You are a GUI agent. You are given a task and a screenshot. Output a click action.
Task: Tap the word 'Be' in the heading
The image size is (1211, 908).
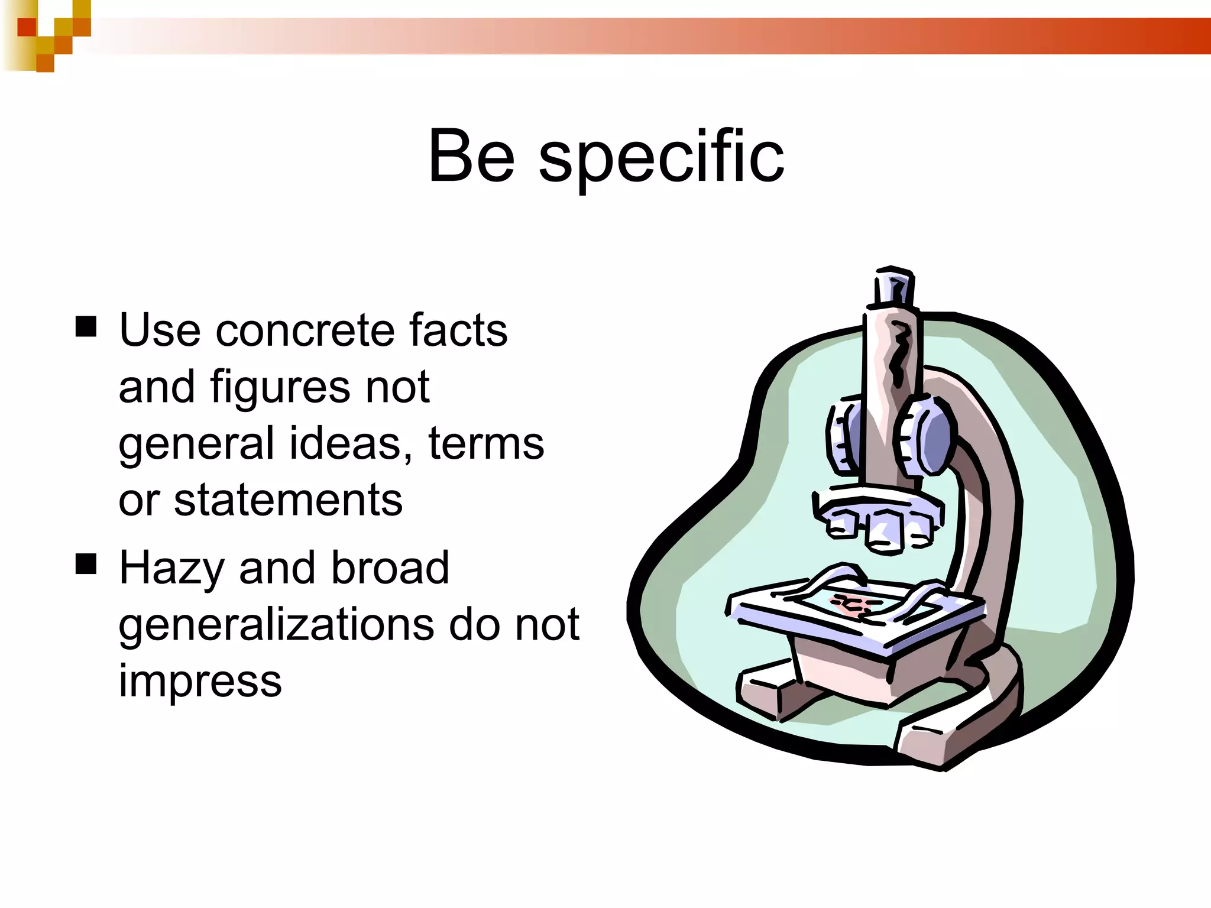click(x=471, y=157)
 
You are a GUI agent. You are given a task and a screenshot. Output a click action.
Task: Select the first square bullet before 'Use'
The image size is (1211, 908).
click(x=86, y=326)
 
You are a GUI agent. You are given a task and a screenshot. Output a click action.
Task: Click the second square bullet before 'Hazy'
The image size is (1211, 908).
click(x=86, y=564)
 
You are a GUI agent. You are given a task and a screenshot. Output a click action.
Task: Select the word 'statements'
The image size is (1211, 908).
click(x=288, y=500)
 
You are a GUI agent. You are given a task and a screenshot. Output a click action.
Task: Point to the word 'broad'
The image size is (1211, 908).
click(x=390, y=567)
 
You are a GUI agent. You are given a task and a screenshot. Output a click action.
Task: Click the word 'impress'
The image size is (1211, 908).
click(x=200, y=681)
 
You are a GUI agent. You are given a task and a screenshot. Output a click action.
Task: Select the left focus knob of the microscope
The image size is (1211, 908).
click(x=844, y=437)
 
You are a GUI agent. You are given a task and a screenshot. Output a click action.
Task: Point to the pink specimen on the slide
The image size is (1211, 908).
click(x=851, y=604)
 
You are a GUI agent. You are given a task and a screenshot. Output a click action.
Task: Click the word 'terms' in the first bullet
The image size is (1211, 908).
click(x=485, y=443)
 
